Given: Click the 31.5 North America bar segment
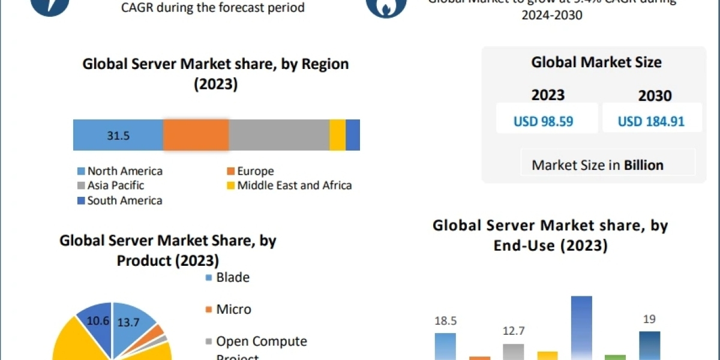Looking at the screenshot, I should [118, 135].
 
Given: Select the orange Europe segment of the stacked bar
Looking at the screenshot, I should [196, 135].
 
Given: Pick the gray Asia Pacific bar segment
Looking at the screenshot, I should [279, 135].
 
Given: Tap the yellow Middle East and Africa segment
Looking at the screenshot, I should [337, 135].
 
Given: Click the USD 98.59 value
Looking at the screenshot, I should [544, 122].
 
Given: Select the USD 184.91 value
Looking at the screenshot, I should [651, 122].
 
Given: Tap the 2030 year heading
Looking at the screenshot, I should [655, 96].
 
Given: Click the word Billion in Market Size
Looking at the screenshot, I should [644, 165].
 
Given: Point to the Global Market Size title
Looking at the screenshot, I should [596, 62].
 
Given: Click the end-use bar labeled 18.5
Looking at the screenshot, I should [445, 347].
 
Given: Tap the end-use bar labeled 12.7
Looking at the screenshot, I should [513, 352].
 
